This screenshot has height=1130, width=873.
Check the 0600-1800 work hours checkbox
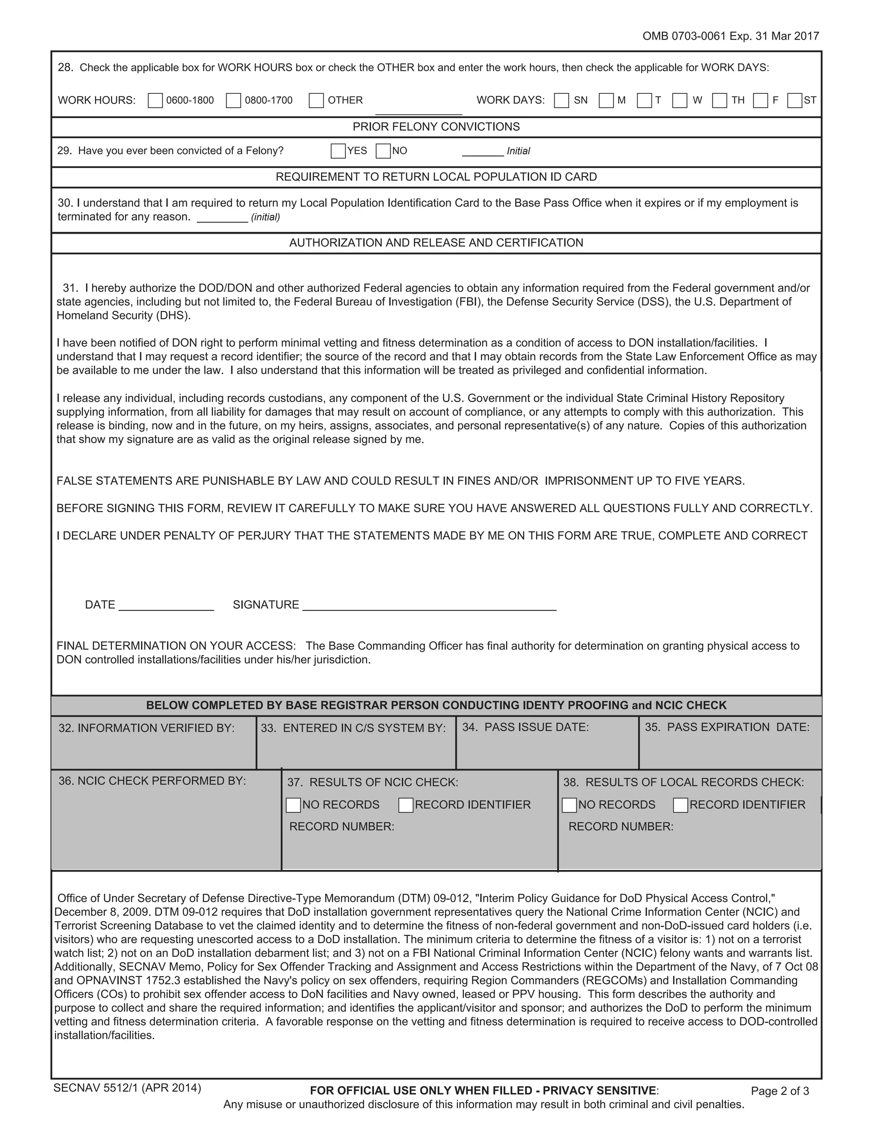click(155, 100)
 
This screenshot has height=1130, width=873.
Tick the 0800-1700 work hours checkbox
click(233, 100)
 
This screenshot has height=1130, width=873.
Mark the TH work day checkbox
click(720, 100)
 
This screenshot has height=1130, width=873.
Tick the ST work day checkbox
click(795, 100)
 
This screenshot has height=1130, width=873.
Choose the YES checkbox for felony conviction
click(338, 151)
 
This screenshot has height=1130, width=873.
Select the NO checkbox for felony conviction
click(383, 151)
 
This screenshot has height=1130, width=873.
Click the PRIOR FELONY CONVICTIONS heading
click(436, 127)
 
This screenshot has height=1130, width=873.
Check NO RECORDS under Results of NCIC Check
click(293, 805)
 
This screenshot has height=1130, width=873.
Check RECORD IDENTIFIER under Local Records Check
click(681, 805)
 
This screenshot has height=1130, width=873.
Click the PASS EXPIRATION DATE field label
click(727, 727)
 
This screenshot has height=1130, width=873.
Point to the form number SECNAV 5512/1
click(127, 1088)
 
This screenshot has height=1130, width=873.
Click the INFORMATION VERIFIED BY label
click(146, 728)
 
